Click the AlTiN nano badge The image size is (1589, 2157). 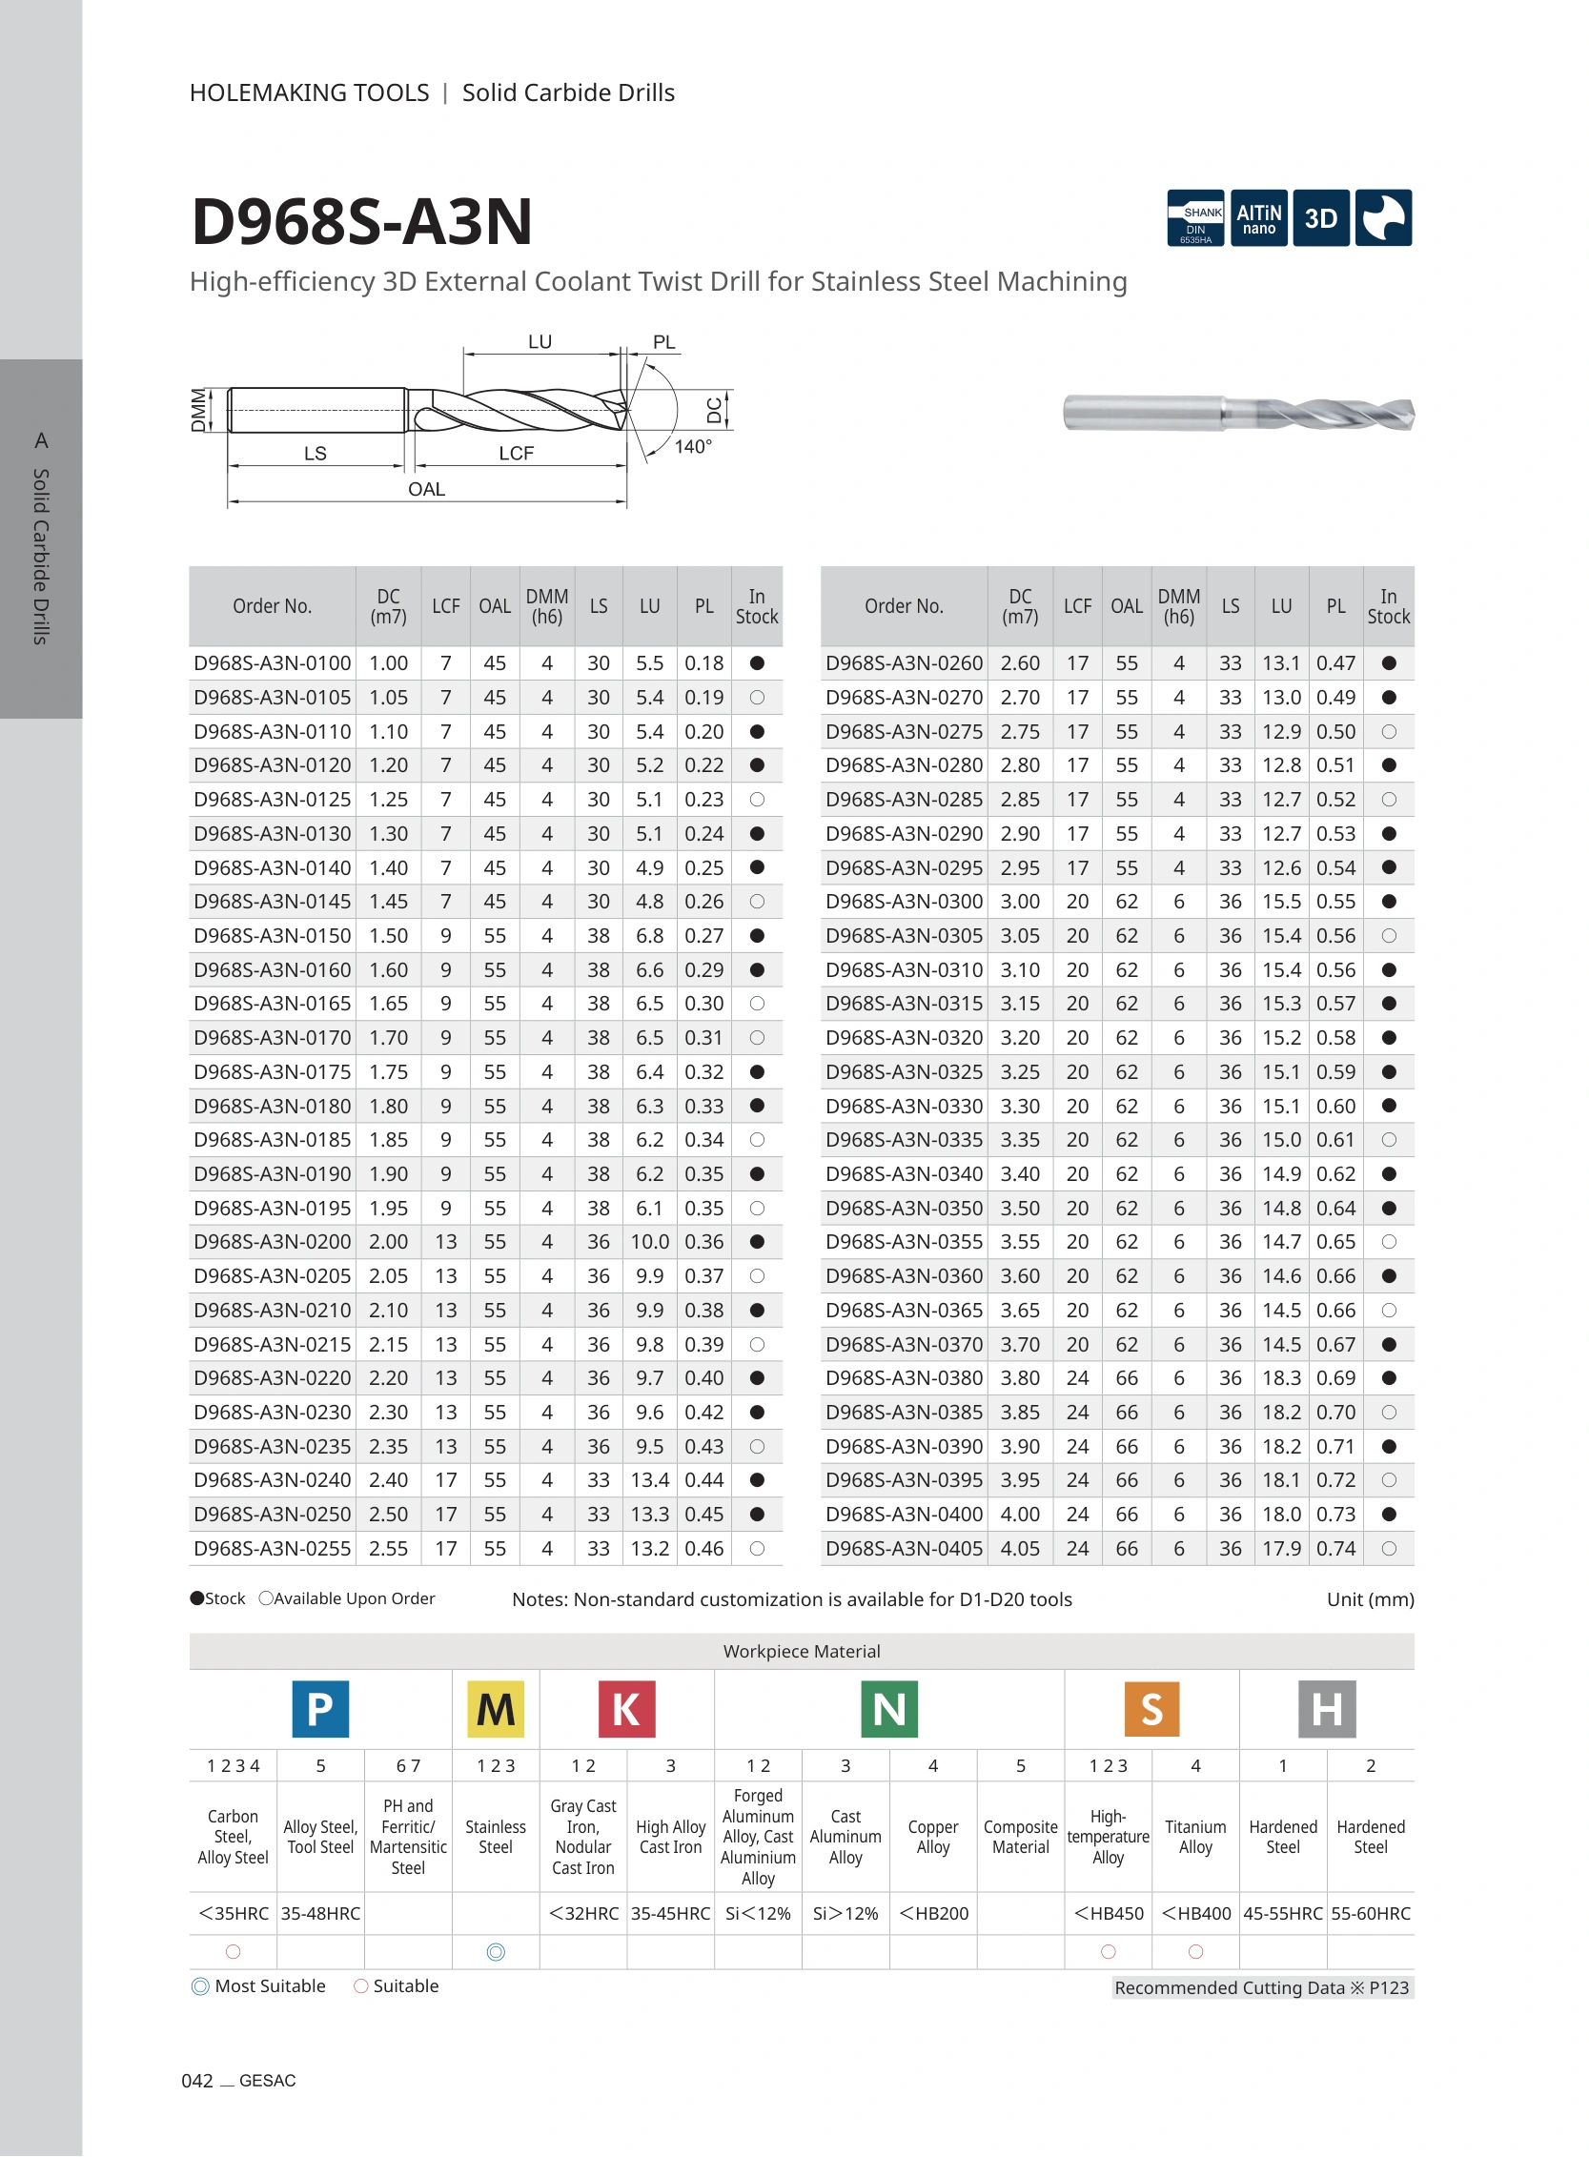click(x=1258, y=218)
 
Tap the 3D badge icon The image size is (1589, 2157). click(x=1320, y=218)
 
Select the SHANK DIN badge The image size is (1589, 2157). click(x=1195, y=218)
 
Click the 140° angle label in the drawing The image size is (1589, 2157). click(x=693, y=446)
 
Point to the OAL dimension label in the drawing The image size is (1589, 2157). click(x=426, y=489)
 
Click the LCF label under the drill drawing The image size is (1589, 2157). click(x=516, y=453)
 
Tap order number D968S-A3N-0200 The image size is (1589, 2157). click(x=273, y=1242)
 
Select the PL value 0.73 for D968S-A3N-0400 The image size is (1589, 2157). click(x=1336, y=1514)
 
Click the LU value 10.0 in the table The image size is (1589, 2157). click(x=649, y=1242)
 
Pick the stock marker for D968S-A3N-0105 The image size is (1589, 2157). click(x=757, y=697)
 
